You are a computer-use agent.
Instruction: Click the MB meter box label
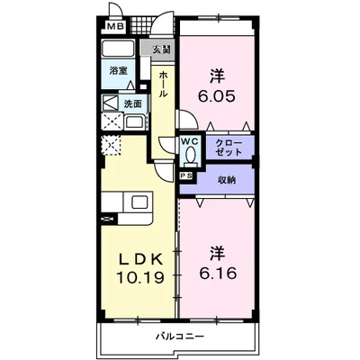pos(116,26)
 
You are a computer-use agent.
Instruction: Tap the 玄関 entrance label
pos(162,49)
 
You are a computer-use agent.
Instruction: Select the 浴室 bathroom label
pos(119,71)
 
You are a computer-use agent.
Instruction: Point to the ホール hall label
pos(163,84)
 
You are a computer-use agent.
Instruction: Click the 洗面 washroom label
pos(133,103)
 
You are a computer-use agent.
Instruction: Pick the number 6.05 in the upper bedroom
pos(216,96)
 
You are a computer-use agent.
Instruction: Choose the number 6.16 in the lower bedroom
pos(218,273)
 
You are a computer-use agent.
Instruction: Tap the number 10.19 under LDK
pos(140,277)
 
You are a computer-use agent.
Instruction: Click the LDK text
pos(141,259)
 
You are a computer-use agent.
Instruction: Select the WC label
pos(190,141)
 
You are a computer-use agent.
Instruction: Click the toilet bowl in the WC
pos(190,156)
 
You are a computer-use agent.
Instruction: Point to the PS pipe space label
pos(186,176)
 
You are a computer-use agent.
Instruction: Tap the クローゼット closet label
pos(229,148)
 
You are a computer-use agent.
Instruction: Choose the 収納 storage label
pos(227,180)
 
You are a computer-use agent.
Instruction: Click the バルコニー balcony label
pos(180,337)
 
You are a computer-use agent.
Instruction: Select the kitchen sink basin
pos(141,202)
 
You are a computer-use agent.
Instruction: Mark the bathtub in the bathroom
pos(118,49)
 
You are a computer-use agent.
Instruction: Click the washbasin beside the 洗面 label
pos(135,122)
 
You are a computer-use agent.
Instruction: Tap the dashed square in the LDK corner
pos(112,145)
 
